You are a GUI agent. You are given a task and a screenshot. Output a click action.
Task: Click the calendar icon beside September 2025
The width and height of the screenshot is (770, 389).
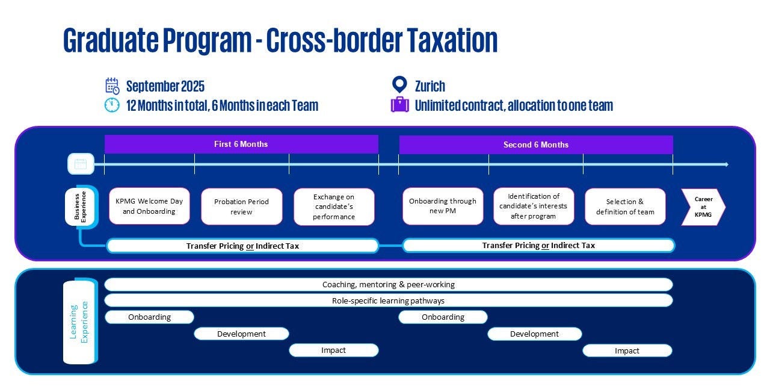[112, 86]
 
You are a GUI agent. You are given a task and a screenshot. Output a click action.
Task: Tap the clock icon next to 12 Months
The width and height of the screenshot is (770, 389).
[112, 105]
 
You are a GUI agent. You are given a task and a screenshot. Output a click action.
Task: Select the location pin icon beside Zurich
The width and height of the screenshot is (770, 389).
[399, 85]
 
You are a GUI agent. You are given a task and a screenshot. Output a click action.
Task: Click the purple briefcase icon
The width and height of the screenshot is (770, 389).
[399, 105]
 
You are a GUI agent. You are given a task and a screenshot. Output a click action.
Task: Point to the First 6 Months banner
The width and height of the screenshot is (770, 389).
[241, 145]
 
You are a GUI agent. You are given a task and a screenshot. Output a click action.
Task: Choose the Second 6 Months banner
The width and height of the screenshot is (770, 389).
[535, 145]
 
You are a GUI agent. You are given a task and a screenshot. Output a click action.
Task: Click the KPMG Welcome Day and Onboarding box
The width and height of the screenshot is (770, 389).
[149, 207]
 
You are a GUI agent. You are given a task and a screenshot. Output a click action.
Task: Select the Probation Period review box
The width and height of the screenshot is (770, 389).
[241, 207]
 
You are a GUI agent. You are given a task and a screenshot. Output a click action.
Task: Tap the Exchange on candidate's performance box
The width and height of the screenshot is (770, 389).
[334, 207]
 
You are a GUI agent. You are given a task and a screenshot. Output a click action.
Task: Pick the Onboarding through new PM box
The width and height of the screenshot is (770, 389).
[443, 207]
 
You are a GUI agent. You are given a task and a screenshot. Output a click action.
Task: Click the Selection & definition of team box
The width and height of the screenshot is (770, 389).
[625, 207]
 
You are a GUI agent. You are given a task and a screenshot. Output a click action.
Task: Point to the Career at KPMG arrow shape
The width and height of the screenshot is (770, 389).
[703, 207]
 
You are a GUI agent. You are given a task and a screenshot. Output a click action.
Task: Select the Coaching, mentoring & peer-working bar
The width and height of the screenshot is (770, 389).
[388, 284]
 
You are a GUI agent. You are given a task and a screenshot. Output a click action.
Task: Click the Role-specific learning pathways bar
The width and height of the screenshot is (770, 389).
[388, 300]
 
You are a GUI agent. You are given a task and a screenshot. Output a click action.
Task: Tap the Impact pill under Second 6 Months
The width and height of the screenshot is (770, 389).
[627, 350]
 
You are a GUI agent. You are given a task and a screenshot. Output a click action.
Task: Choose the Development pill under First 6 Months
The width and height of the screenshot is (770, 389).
[241, 334]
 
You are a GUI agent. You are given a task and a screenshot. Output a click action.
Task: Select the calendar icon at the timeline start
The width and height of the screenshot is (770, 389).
[81, 164]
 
